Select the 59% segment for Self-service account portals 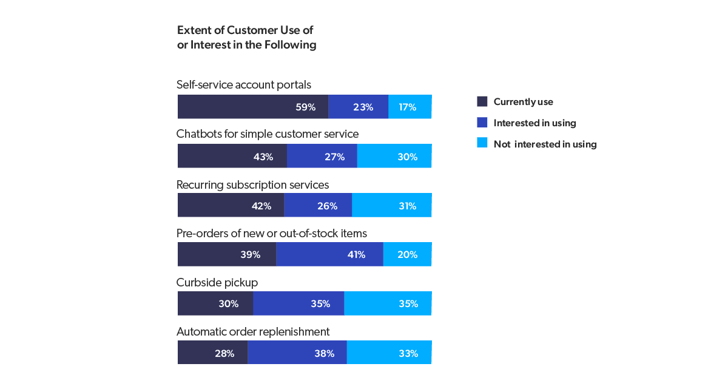point(253,107)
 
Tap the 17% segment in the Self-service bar point(410,107)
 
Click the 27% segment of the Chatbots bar point(322,156)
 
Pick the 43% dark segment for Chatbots point(232,156)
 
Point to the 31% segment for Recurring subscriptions point(392,205)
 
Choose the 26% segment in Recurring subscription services point(318,205)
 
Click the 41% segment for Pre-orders point(330,254)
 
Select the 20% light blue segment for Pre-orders point(408,254)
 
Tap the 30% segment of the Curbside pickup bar point(215,303)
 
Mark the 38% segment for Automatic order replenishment point(297,353)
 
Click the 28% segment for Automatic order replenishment point(213,353)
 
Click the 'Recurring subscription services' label point(253,184)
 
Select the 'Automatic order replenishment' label point(253,332)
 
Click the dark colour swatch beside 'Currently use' point(482,102)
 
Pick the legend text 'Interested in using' point(534,123)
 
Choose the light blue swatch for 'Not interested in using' point(482,144)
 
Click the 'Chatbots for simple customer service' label point(268,134)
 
